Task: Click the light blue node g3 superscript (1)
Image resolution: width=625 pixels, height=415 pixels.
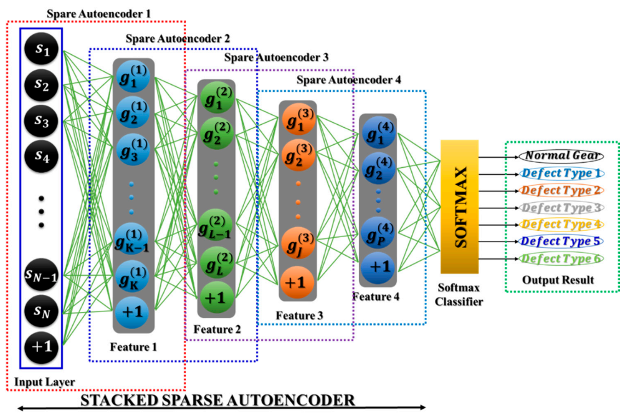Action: point(133,149)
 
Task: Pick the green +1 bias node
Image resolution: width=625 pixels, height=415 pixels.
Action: point(215,298)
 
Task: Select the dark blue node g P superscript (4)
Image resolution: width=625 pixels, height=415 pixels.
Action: point(379,230)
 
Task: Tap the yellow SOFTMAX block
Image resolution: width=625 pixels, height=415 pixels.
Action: point(463,207)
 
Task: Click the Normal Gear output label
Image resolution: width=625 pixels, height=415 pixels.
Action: point(561,156)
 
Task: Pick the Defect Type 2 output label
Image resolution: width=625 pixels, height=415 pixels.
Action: point(561,190)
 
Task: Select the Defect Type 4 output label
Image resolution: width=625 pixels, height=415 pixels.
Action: point(561,224)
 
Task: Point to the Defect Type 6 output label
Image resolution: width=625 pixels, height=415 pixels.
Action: point(561,258)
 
